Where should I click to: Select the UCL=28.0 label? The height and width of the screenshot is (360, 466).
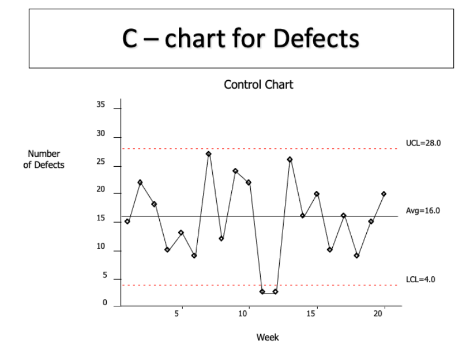(424, 142)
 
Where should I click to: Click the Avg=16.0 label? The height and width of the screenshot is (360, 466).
(424, 211)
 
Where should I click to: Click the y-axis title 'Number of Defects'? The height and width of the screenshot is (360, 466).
(48, 159)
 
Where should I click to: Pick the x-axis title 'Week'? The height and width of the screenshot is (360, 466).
(267, 337)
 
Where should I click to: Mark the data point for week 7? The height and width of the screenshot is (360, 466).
(208, 154)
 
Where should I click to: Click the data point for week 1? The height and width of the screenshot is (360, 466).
(127, 222)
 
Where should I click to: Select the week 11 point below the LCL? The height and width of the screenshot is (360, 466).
(262, 291)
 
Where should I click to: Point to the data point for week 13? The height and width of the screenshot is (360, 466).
(290, 159)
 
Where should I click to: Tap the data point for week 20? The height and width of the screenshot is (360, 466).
(384, 194)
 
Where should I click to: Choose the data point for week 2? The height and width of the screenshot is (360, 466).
(140, 182)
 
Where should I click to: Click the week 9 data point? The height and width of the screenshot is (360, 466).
(235, 171)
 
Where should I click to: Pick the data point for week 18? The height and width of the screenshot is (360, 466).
(357, 256)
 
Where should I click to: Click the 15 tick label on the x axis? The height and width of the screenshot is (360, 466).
(311, 313)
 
